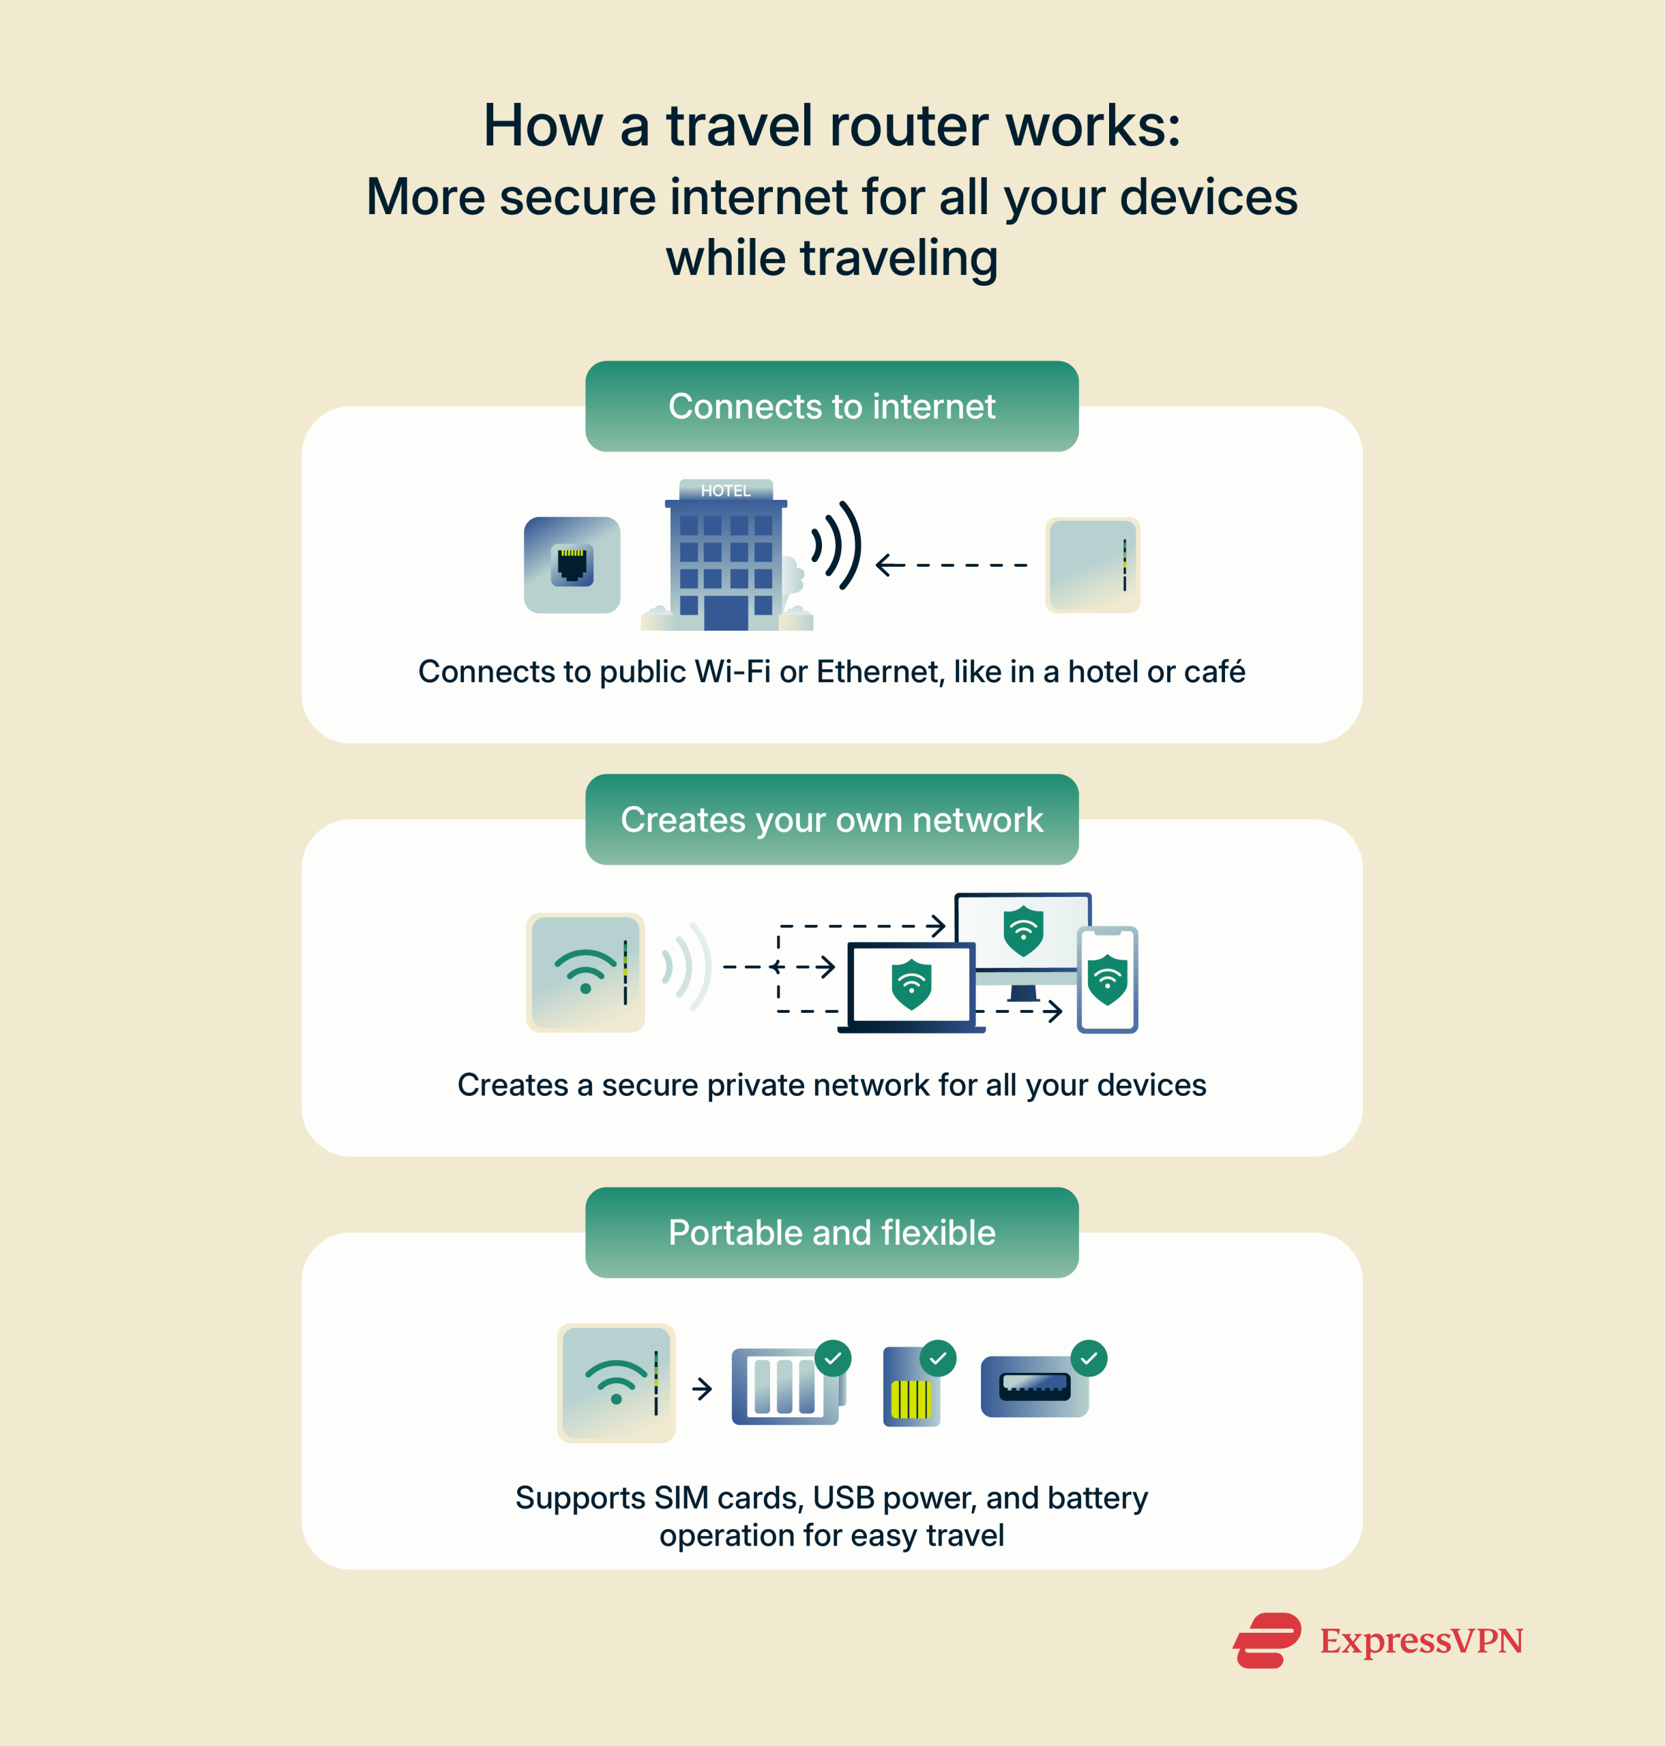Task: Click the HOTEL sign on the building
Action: pyautogui.click(x=725, y=490)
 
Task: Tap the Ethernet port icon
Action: pyautogui.click(x=572, y=565)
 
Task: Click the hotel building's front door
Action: pyautogui.click(x=725, y=612)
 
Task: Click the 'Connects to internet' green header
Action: pyautogui.click(x=831, y=406)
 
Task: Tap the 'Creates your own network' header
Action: pyautogui.click(x=831, y=819)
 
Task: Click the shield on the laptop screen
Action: pyautogui.click(x=911, y=983)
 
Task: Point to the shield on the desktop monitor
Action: pyautogui.click(x=1022, y=930)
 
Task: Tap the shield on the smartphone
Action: pyautogui.click(x=1107, y=980)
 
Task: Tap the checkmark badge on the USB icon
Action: pyautogui.click(x=1089, y=1358)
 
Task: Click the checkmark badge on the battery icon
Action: pyautogui.click(x=832, y=1358)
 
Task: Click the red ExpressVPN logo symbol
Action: pyautogui.click(x=1267, y=1640)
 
